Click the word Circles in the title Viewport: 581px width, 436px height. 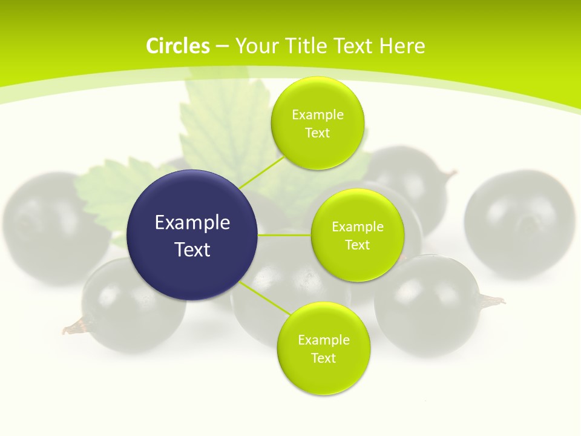coord(177,46)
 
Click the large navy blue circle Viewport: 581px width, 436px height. coord(192,235)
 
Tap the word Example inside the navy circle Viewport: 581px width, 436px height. coord(192,222)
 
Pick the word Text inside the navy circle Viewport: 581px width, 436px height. coord(192,249)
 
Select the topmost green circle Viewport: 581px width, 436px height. coord(318,123)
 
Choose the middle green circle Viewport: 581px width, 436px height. coord(357,235)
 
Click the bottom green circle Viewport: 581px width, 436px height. coord(323,348)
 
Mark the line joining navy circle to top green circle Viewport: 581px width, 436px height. coord(261,172)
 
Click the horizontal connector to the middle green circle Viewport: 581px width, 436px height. coord(284,235)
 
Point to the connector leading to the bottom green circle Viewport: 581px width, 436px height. coord(264,297)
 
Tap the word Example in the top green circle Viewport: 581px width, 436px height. coord(318,114)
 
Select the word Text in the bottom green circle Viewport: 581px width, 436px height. coord(323,358)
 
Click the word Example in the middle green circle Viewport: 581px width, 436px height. coord(357,226)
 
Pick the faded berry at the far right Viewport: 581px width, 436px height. coord(519,224)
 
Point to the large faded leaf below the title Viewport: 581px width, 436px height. coord(224,127)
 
